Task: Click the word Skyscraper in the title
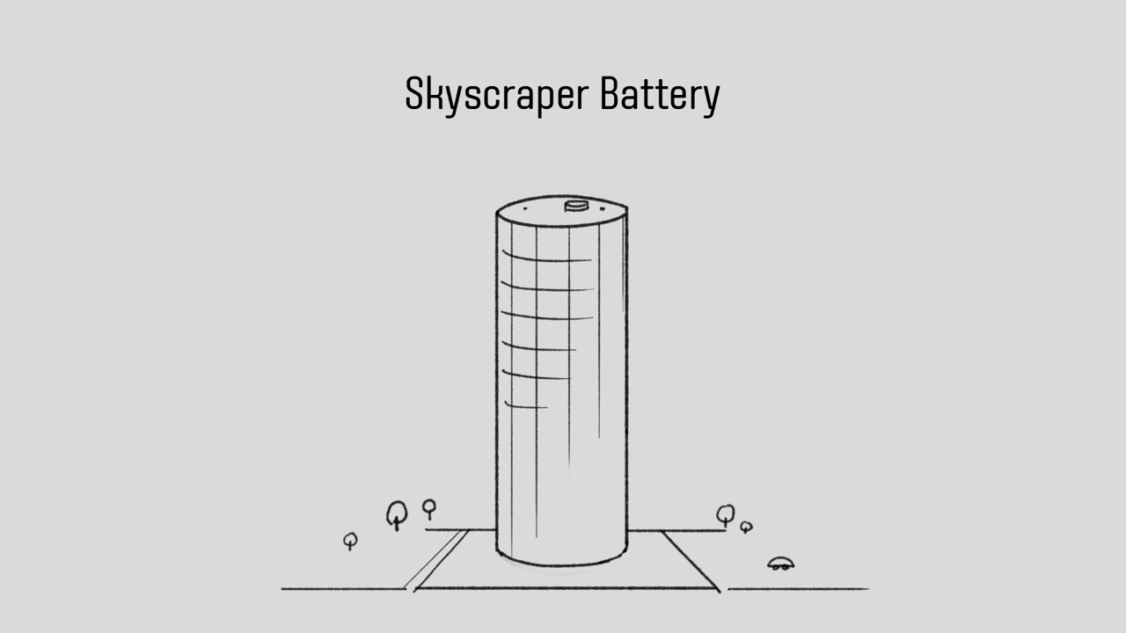tap(498, 94)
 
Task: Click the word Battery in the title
tap(659, 94)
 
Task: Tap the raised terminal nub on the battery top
tap(575, 206)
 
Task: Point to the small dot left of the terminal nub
tap(525, 209)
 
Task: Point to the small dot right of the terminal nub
tap(602, 209)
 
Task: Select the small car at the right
tap(780, 564)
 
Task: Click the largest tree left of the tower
tap(398, 514)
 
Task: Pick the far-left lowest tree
tap(350, 541)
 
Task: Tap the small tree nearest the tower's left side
tap(429, 507)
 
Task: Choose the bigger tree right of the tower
tap(725, 514)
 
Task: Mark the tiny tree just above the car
tap(746, 527)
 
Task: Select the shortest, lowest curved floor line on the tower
tap(526, 406)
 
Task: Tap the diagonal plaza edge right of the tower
tap(691, 560)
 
